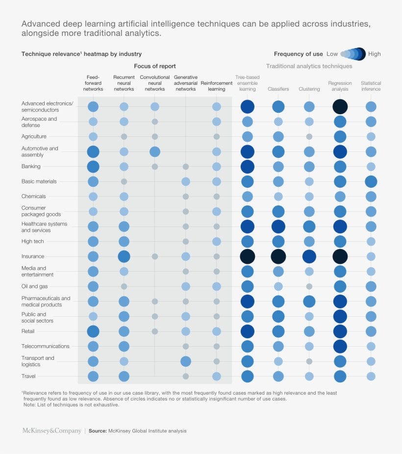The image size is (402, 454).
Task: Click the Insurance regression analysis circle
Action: tap(340, 256)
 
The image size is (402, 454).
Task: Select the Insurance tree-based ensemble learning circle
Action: tap(248, 256)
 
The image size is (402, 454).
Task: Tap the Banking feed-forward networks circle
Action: tap(93, 167)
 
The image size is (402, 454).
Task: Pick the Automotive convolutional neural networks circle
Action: tap(155, 151)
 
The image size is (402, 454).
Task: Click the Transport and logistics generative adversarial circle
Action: tap(186, 361)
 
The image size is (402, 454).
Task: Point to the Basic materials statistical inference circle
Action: tap(371, 181)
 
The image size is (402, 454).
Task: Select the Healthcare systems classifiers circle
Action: tap(278, 227)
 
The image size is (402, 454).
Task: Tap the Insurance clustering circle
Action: tap(309, 256)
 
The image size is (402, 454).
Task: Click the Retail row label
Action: tap(28, 331)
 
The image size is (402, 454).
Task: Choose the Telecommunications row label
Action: tap(46, 346)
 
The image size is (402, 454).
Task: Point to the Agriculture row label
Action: tap(34, 136)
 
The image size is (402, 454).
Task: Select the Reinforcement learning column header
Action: tap(217, 86)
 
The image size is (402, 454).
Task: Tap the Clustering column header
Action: tap(309, 89)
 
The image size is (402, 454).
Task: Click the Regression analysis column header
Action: tap(340, 86)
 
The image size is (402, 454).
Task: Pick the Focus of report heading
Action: tap(155, 66)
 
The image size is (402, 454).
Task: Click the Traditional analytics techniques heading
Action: tap(309, 66)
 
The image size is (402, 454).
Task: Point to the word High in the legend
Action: tap(374, 54)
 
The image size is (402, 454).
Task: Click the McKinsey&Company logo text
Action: tap(51, 431)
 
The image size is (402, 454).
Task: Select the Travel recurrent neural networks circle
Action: tap(124, 377)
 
